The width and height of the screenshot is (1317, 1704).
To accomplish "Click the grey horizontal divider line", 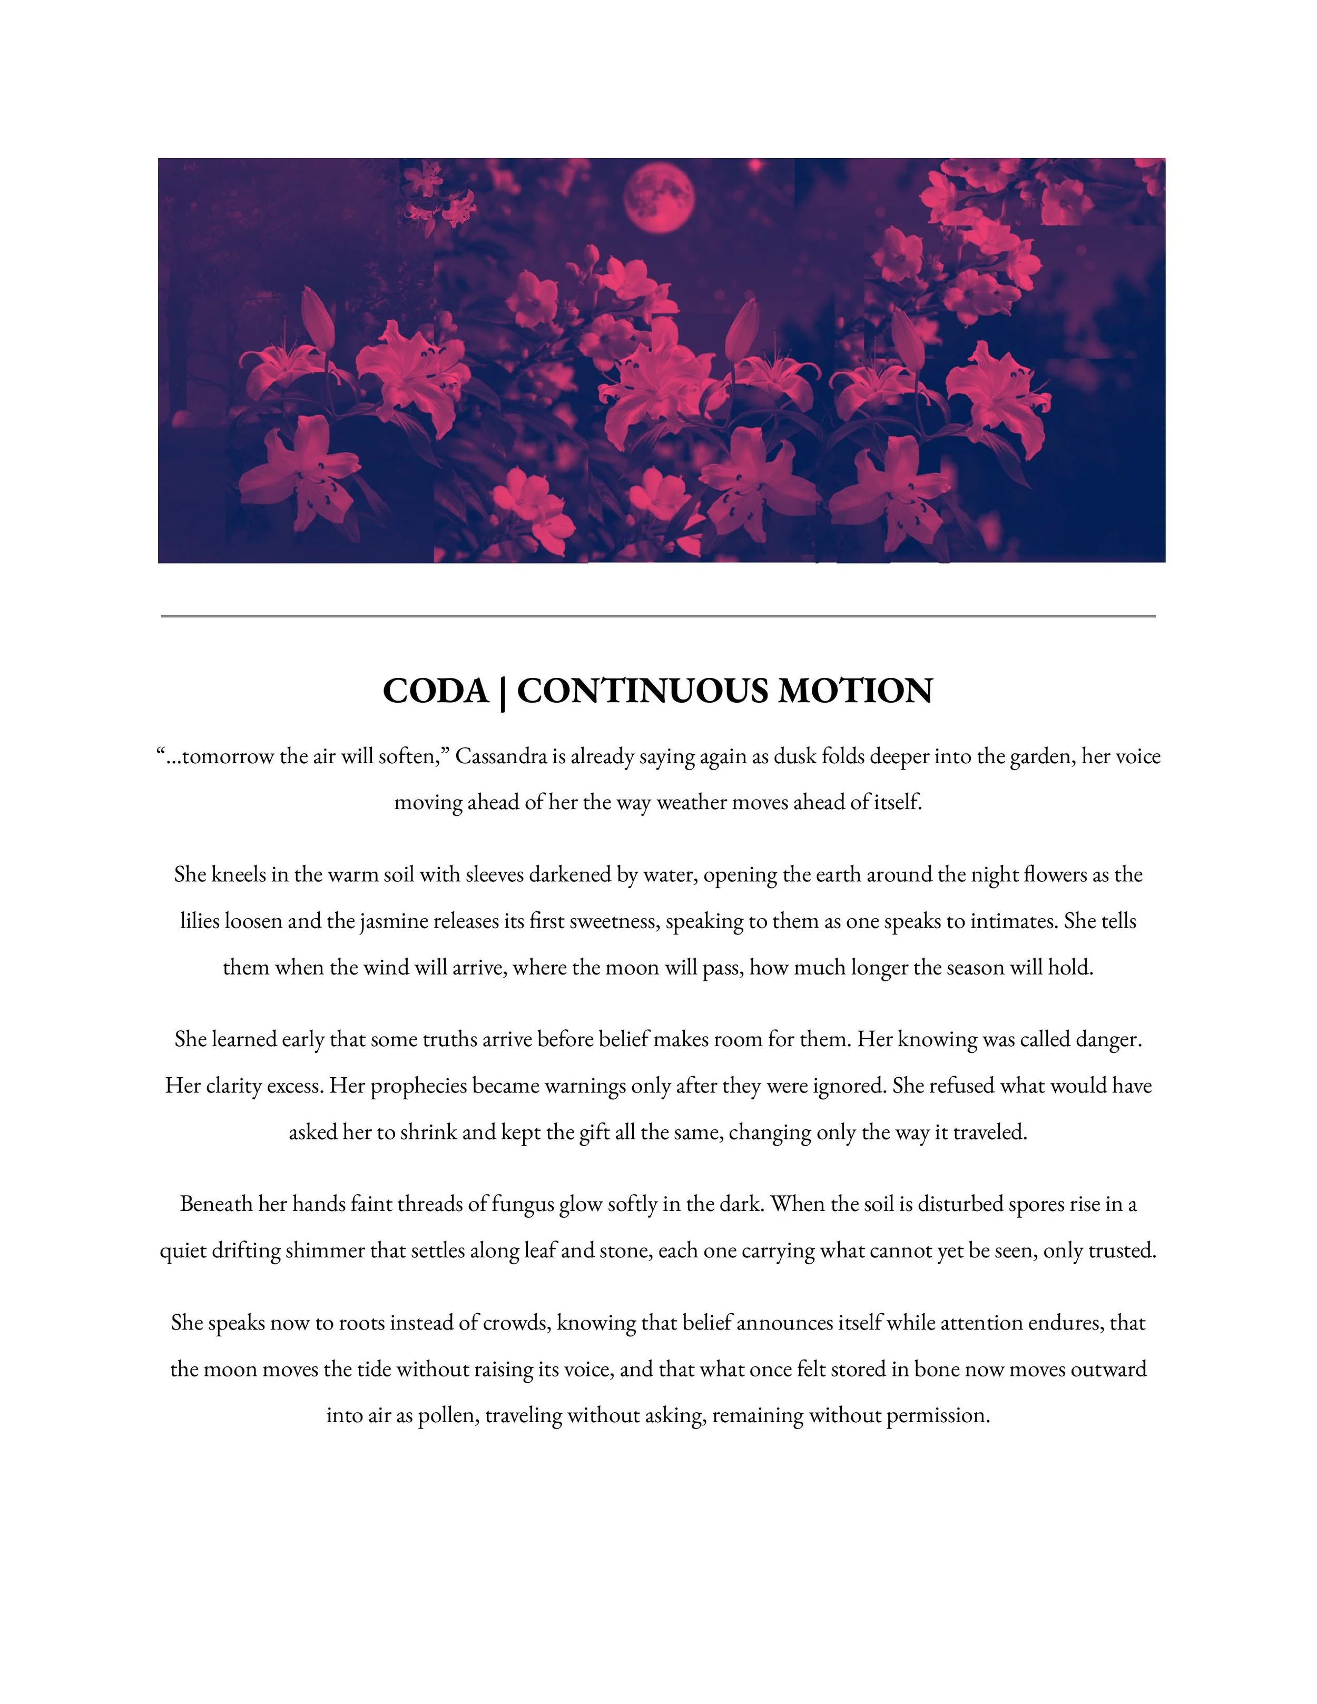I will (x=658, y=616).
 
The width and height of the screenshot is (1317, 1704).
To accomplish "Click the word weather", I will (x=693, y=802).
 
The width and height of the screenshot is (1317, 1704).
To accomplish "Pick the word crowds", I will (x=514, y=1323).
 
